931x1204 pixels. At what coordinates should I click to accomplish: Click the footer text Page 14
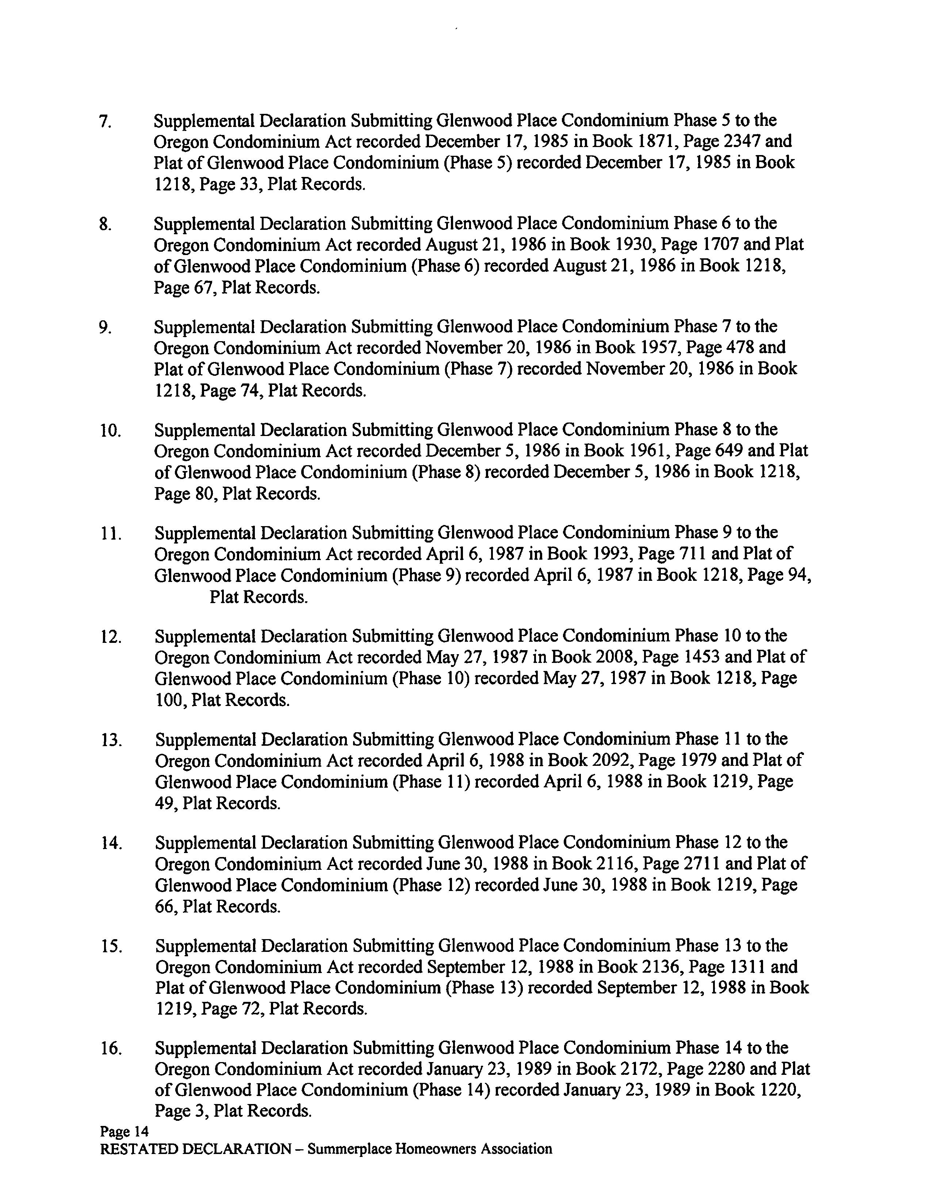pos(124,1132)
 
